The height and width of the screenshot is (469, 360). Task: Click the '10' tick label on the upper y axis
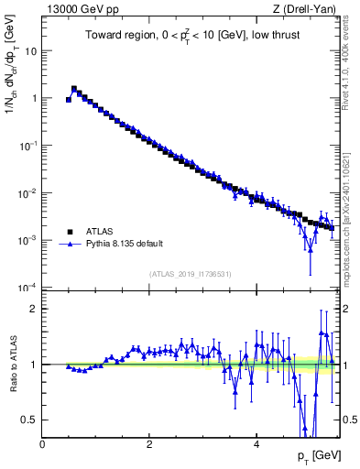pos(30,51)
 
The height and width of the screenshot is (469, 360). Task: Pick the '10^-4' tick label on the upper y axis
pos(27,288)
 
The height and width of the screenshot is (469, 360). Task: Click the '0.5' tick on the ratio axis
pos(29,420)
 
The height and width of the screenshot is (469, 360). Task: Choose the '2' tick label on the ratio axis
pos(34,309)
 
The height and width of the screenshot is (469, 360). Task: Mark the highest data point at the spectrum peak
pos(74,89)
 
